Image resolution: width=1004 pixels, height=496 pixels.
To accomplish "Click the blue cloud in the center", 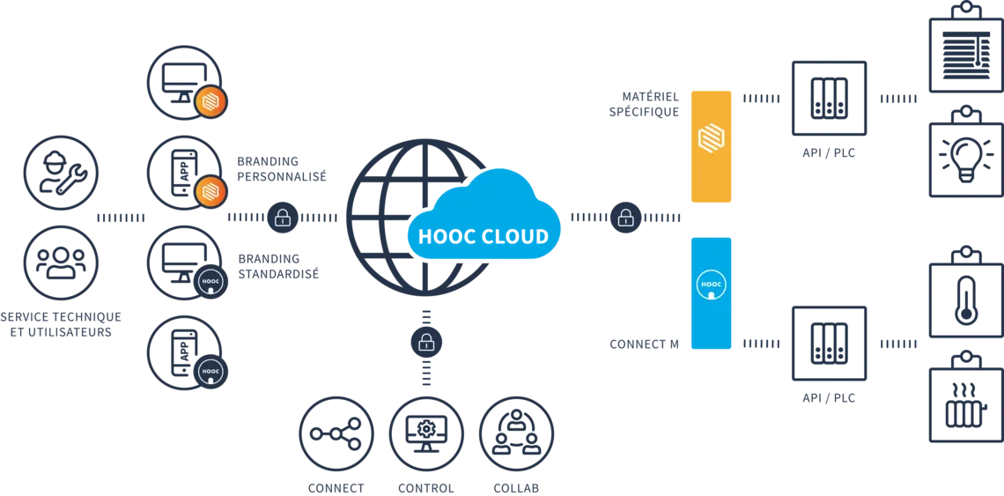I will coord(484,220).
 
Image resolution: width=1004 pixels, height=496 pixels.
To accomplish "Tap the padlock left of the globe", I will coord(283,217).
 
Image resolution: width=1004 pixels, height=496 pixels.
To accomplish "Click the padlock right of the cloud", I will coord(625,217).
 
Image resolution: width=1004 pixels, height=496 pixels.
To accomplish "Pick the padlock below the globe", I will coord(426,341).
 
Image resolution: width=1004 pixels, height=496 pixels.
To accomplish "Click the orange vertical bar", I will coord(711,145).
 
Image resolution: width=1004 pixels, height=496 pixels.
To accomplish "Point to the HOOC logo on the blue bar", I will coord(711,285).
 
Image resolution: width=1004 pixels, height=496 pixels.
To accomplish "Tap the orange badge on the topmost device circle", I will coord(211,101).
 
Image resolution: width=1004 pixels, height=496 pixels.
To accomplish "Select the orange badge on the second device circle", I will coord(211,191).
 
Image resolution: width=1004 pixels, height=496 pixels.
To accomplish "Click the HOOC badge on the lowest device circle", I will coord(210,372).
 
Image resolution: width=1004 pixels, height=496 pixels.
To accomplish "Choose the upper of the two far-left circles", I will coord(61,173).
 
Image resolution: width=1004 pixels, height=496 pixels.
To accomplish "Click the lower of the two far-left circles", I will coord(61,262).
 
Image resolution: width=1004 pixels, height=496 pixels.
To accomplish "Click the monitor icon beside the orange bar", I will coord(830,97).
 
